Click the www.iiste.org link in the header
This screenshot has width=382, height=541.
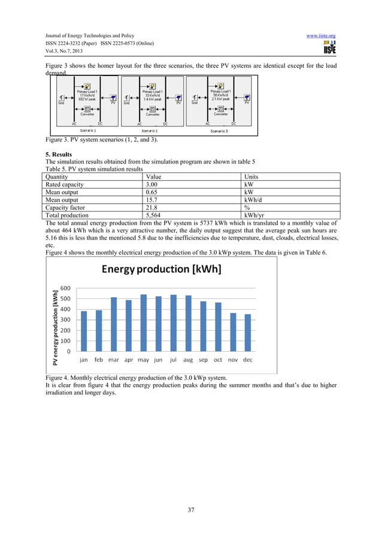tap(320, 36)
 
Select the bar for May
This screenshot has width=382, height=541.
tap(143, 322)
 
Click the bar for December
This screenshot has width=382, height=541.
tap(248, 333)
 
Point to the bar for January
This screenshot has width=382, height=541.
tap(84, 331)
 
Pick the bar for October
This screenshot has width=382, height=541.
tap(218, 327)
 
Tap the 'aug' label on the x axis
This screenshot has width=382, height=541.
tap(188, 361)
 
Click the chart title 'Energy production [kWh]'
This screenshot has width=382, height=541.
tap(161, 269)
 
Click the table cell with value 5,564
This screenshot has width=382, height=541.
tap(157, 215)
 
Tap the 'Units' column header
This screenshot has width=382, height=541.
tap(253, 177)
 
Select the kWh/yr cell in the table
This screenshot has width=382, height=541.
tap(256, 215)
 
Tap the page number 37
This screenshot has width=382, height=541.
tap(191, 509)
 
